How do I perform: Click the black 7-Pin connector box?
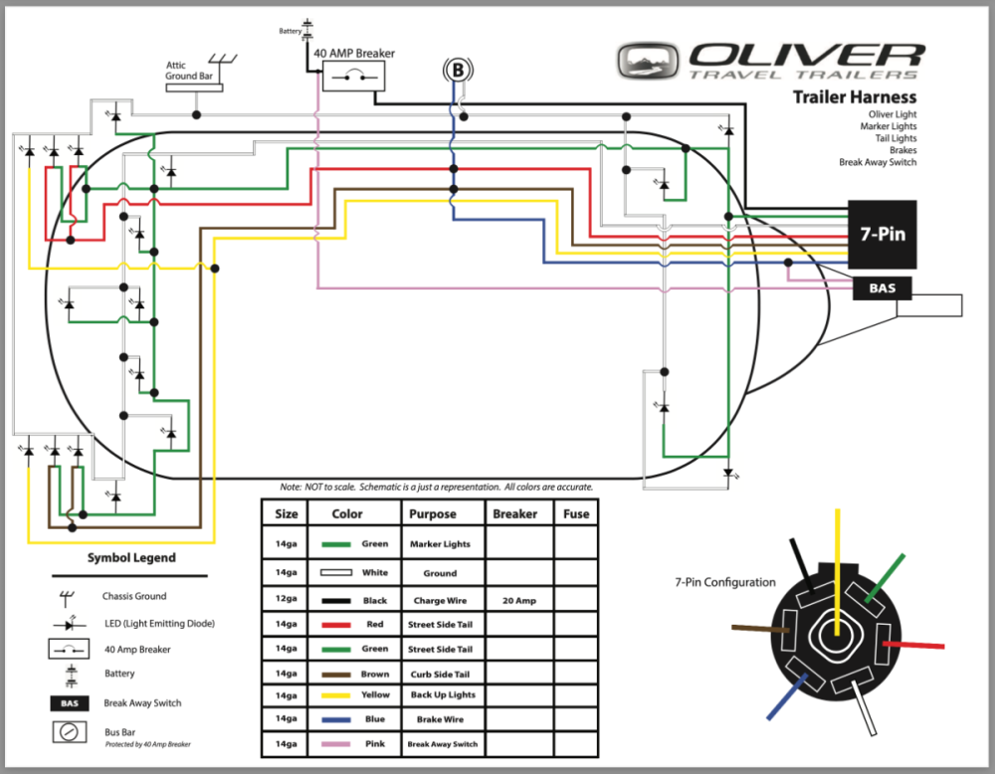coord(884,236)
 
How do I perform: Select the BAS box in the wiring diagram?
coord(883,289)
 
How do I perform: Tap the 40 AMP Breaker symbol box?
coord(347,76)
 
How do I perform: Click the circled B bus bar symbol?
coord(457,70)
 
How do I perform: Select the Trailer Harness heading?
coord(854,97)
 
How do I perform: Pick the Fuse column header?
coord(575,514)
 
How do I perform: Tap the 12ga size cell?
coord(286,601)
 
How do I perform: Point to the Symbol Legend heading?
coord(131,558)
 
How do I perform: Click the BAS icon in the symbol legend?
coord(68,703)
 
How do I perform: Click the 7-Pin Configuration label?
coord(724,582)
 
